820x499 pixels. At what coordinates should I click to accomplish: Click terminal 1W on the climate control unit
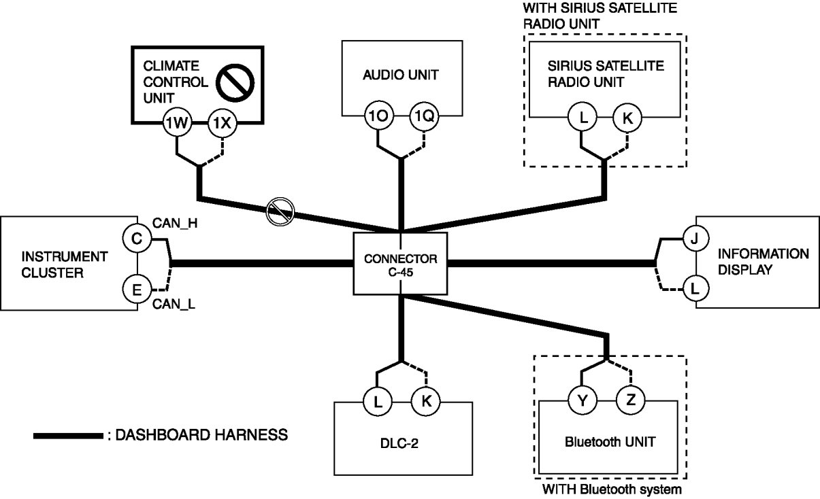(177, 123)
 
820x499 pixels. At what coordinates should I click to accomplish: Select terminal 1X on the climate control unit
(221, 123)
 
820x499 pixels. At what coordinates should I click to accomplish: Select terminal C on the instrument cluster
(136, 239)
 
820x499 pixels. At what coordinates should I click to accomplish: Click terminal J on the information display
(694, 239)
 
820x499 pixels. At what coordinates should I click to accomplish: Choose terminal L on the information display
(694, 290)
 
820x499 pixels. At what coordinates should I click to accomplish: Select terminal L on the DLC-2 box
(377, 401)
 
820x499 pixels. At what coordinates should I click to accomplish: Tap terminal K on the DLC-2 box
(426, 401)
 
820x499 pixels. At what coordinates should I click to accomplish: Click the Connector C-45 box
(401, 264)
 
